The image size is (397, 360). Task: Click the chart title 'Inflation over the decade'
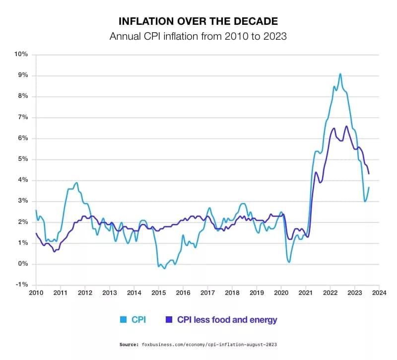(198, 21)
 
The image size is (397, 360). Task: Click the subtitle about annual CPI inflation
(198, 37)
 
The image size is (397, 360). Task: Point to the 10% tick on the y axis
(22, 54)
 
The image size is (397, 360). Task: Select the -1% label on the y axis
(22, 285)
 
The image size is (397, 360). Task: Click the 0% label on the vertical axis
(23, 264)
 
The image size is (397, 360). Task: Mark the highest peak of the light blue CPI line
(340, 74)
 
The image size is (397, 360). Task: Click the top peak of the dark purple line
(346, 126)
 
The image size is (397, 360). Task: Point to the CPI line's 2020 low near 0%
(289, 262)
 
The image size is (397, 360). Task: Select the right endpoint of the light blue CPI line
(369, 187)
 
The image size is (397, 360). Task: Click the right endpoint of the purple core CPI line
(369, 173)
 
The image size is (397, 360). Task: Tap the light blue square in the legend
(123, 320)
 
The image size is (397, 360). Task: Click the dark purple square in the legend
(168, 320)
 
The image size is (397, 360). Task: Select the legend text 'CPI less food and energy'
(227, 320)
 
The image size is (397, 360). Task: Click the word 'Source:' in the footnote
(129, 344)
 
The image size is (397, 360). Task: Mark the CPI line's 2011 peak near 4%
(76, 183)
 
